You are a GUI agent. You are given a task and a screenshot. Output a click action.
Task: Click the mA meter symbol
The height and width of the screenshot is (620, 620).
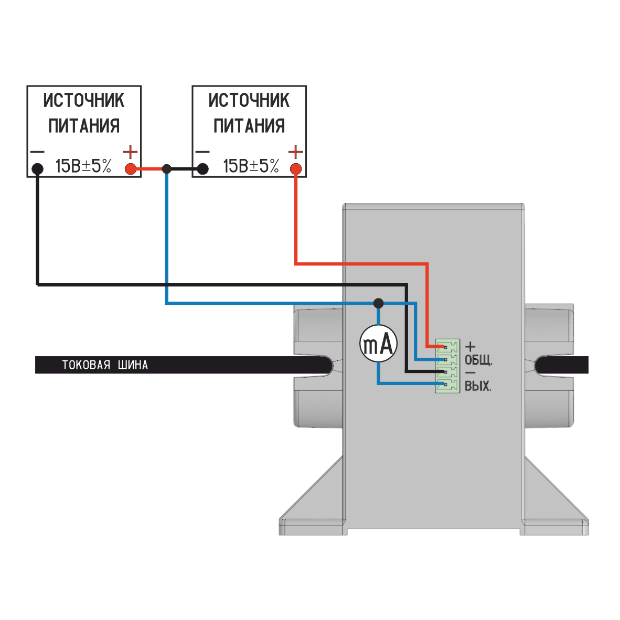378,345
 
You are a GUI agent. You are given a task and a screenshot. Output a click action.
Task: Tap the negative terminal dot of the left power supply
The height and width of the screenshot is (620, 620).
37,169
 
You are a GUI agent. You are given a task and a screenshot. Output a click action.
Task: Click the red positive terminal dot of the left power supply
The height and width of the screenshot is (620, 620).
130,169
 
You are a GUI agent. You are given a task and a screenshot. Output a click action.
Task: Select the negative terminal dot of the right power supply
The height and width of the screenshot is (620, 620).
202,169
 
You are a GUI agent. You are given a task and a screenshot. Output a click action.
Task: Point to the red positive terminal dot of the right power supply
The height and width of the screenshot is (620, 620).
296,169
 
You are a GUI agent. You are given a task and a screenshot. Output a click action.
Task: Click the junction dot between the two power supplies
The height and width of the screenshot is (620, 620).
166,169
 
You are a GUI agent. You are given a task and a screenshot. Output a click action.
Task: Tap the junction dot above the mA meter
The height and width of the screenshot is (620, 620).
378,303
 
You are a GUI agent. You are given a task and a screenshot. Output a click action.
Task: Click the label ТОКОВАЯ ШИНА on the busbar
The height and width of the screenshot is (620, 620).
105,365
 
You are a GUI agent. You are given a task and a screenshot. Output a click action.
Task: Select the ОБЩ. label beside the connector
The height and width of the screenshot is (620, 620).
478,360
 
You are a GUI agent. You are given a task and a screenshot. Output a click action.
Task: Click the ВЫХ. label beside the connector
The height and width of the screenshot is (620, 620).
478,387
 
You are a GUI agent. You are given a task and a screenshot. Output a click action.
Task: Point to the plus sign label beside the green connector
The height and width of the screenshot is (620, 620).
471,346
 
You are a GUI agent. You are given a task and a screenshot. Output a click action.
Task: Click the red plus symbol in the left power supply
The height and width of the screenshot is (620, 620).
130,152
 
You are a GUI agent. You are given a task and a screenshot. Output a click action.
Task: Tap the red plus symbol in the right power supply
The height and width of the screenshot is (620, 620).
296,152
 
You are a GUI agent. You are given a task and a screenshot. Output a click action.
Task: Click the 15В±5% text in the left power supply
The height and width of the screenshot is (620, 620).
83,167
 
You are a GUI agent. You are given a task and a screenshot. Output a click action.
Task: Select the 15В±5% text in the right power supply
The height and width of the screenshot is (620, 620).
251,167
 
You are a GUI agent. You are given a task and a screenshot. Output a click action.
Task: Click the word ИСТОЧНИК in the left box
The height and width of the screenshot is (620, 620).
84,100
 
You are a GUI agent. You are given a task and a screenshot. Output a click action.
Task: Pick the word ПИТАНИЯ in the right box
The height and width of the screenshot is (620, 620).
249,126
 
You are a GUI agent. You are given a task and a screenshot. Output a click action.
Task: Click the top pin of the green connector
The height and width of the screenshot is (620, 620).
446,347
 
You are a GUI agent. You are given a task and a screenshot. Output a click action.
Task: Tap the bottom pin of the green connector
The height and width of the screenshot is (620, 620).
446,386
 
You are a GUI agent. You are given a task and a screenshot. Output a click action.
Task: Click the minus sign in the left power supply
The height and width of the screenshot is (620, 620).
37,152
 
